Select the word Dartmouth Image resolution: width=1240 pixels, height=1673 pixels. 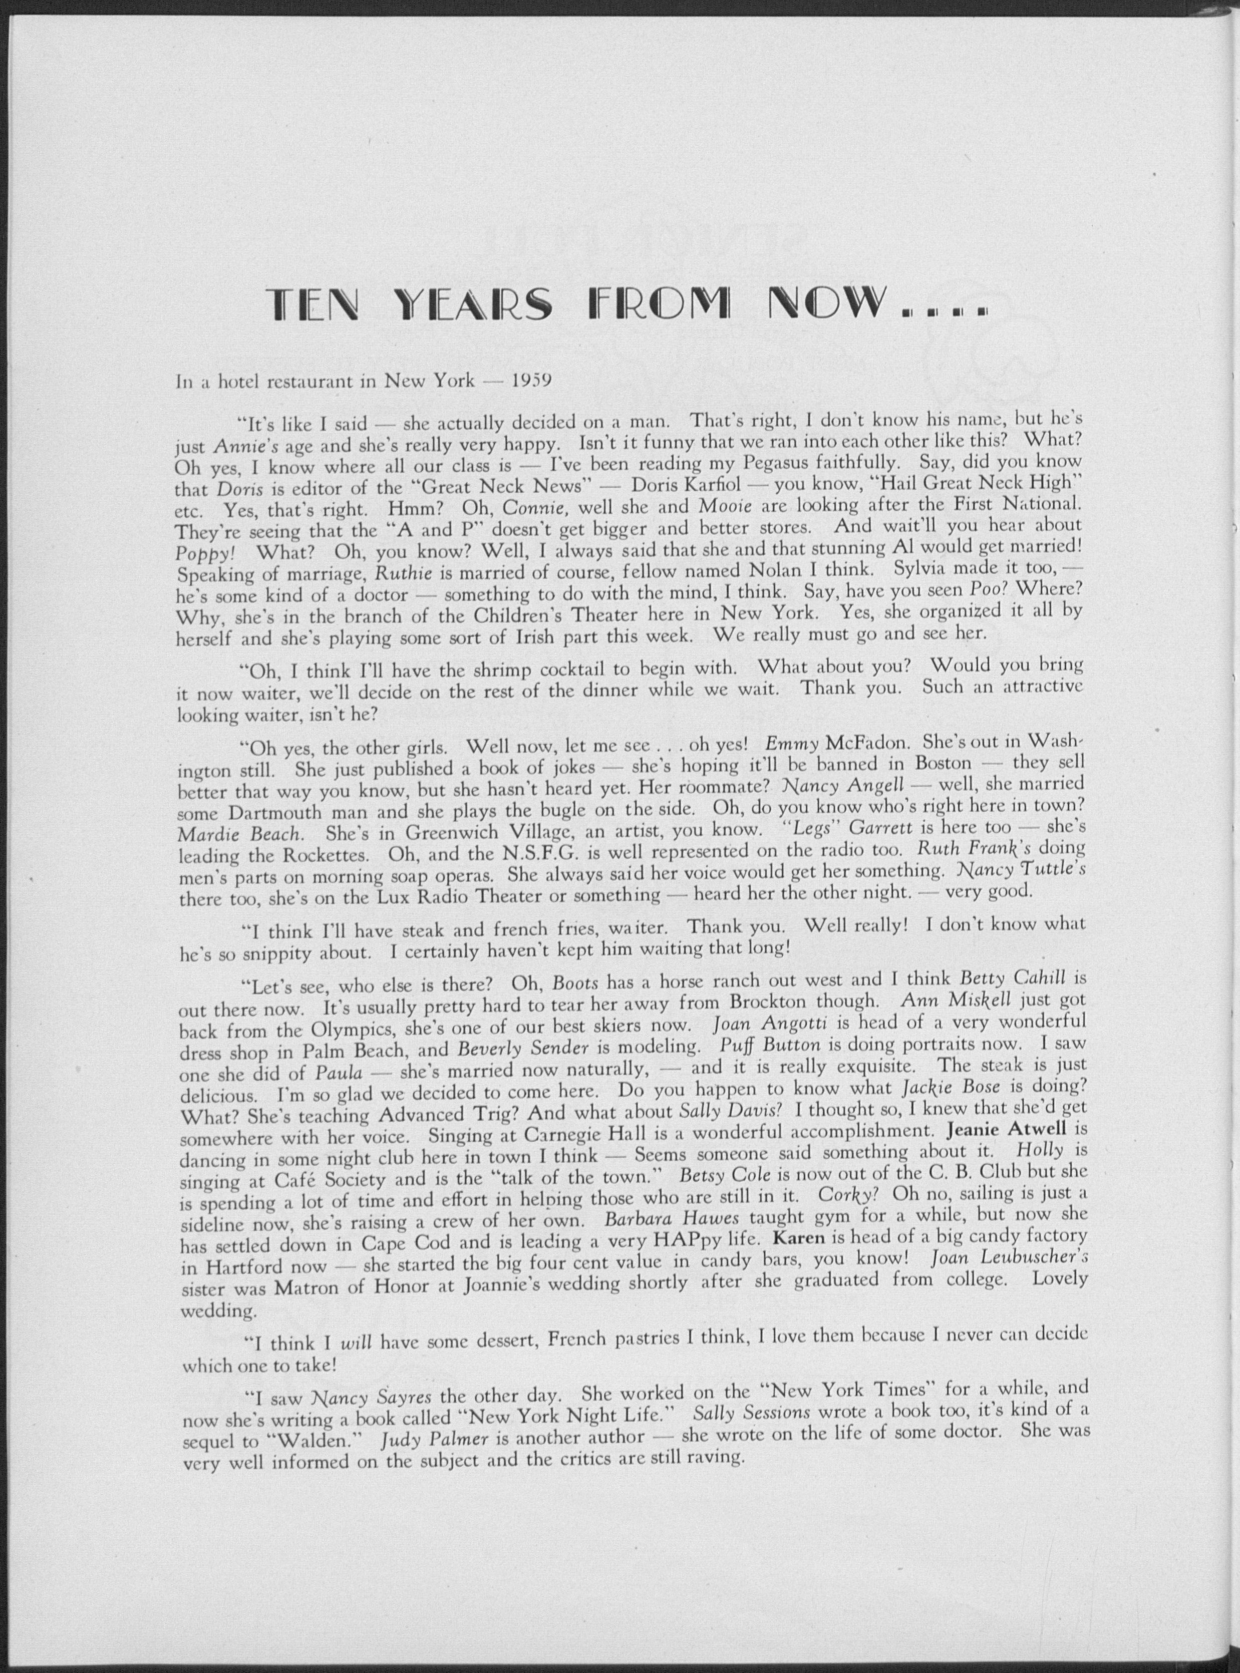[x=277, y=813]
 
